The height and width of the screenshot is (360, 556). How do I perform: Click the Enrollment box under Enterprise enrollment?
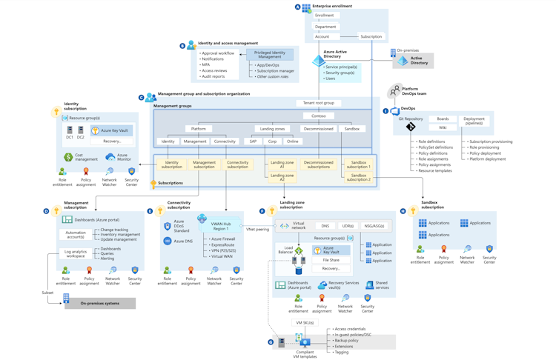(324, 15)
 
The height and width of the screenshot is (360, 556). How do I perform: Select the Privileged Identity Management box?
(270, 55)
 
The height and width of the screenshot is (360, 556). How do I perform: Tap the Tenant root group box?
(319, 103)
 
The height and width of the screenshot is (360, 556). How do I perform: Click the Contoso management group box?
(318, 116)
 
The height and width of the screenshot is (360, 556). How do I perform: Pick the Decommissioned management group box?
(318, 129)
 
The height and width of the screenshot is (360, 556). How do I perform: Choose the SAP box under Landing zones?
(253, 141)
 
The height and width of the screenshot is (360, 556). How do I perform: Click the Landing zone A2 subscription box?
(282, 177)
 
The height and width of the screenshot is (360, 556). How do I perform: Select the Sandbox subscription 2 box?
(358, 177)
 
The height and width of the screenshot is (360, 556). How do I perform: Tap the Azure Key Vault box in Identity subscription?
(111, 130)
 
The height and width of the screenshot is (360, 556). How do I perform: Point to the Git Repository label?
(411, 119)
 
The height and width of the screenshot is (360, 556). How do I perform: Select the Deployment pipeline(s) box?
(474, 121)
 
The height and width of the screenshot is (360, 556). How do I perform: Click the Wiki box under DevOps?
(443, 127)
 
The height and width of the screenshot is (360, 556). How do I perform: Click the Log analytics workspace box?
(76, 253)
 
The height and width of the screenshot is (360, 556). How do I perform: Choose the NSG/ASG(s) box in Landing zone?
(374, 226)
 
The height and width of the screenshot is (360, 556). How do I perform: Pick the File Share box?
(331, 260)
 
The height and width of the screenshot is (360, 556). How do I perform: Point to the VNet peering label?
(257, 230)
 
